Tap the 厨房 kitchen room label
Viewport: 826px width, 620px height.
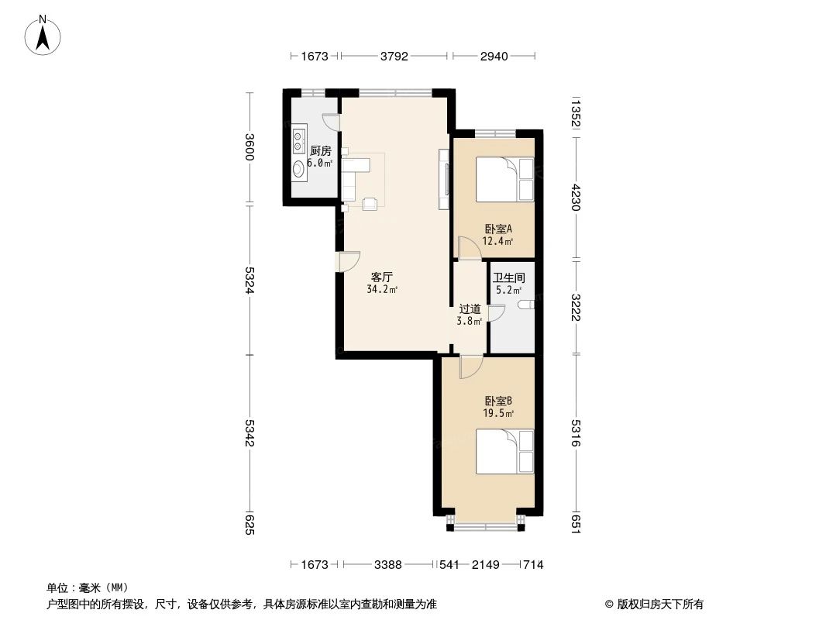[320, 151]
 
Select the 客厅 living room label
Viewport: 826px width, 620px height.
[380, 277]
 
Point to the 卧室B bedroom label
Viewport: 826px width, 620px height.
[497, 401]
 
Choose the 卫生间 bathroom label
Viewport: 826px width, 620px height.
[509, 277]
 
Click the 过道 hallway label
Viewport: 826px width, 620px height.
[470, 308]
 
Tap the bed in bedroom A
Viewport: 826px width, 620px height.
[504, 179]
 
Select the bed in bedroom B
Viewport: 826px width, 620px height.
[504, 452]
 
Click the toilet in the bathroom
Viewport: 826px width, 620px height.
[527, 305]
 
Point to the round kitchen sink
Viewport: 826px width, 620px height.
[298, 170]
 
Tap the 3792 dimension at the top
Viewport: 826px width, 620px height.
[395, 56]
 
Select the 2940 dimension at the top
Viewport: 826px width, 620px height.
[494, 56]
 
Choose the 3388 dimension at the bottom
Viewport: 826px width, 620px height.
[387, 565]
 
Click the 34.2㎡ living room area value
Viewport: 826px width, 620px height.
[381, 290]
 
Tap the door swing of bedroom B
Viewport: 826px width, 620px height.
[470, 367]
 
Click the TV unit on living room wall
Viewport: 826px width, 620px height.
[443, 179]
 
